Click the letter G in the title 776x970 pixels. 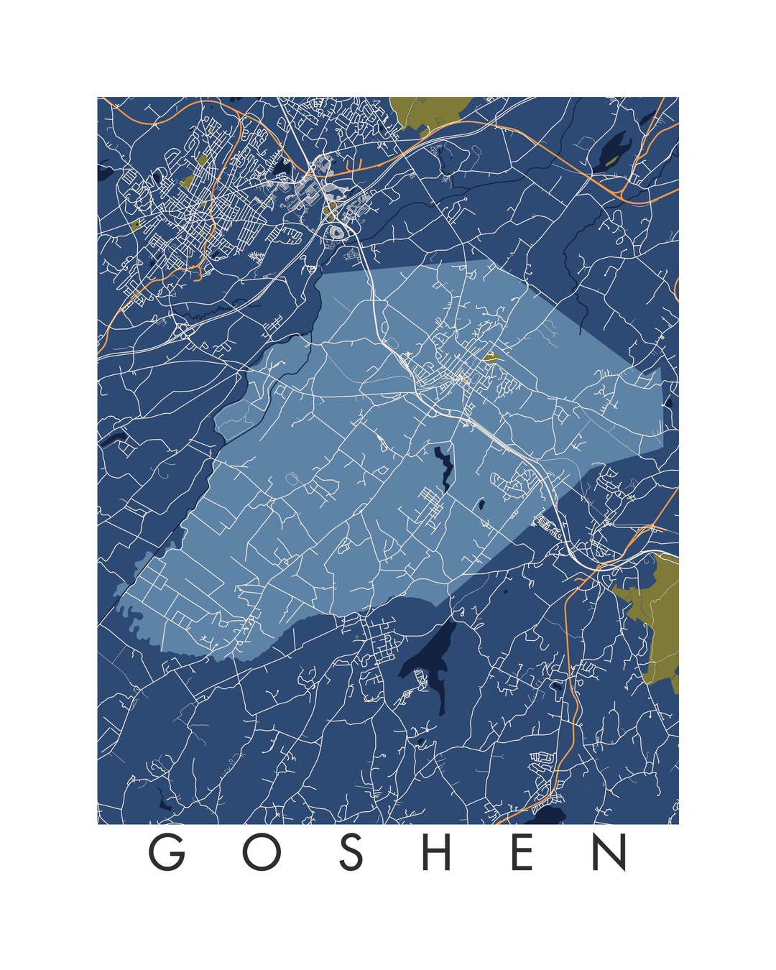click(167, 852)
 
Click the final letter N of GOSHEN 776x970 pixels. click(610, 852)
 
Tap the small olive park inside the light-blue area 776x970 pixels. click(491, 356)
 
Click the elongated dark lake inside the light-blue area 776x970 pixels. click(443, 467)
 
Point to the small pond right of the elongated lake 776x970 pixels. click(479, 505)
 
